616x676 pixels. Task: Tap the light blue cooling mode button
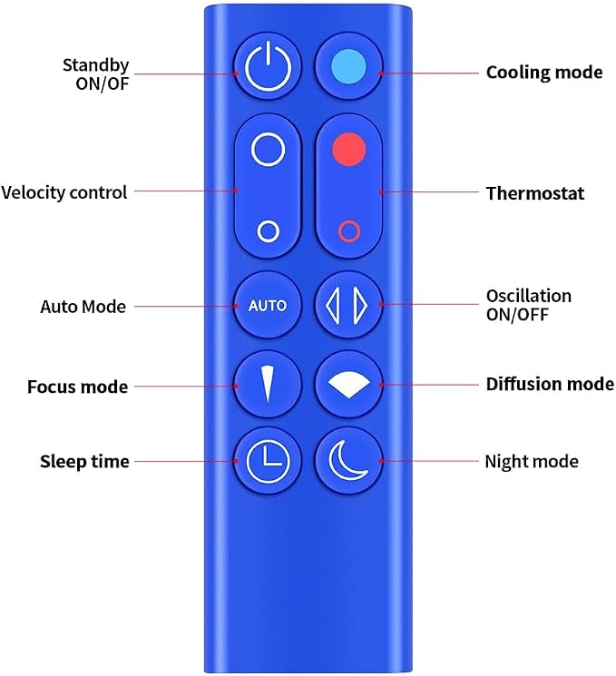(x=348, y=67)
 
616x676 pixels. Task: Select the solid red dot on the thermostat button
(x=349, y=149)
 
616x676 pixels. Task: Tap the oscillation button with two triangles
(x=348, y=305)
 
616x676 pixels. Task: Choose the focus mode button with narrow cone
(x=268, y=385)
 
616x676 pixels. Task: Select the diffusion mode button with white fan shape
(x=348, y=385)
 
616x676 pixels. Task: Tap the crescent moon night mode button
(x=348, y=461)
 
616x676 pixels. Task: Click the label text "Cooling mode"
(x=544, y=73)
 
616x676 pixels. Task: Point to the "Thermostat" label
(x=535, y=193)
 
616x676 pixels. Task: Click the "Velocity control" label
(x=64, y=192)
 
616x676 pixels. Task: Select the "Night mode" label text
(x=532, y=461)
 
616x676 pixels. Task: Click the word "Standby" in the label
(x=95, y=65)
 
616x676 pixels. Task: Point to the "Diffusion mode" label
(x=550, y=384)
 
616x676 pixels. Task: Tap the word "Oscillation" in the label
(x=529, y=296)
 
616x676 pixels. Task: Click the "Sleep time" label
(x=84, y=461)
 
